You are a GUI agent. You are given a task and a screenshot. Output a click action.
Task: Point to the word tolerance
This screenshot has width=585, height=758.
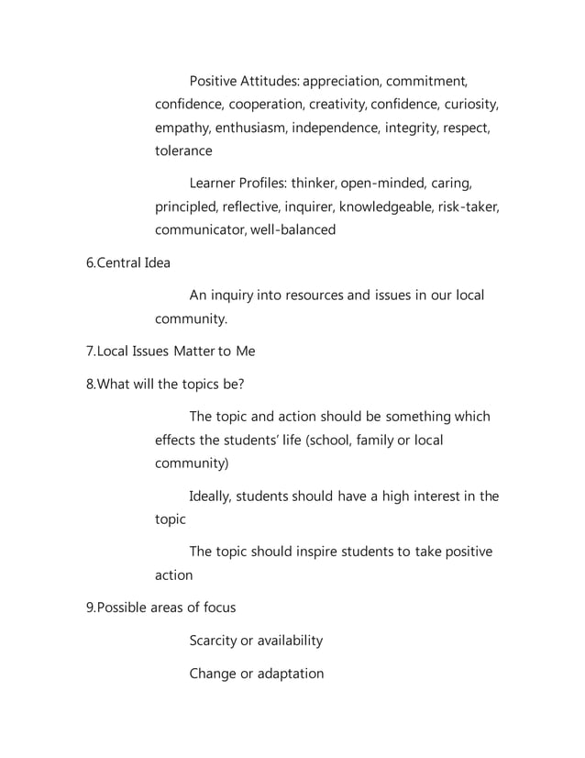(x=183, y=150)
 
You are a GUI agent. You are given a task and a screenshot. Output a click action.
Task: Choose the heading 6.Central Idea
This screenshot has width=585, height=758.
(x=127, y=262)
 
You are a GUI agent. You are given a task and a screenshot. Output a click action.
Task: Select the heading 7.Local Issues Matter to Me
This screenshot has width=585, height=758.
(x=171, y=351)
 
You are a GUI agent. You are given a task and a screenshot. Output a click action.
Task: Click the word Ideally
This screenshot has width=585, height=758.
(x=211, y=496)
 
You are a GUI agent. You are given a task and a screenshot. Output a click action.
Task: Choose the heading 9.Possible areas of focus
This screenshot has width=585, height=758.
(x=160, y=608)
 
